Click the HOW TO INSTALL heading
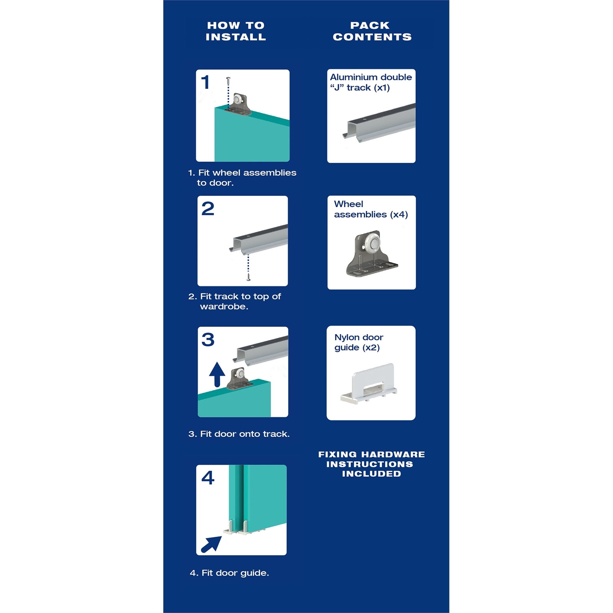pos(236,31)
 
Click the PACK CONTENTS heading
pos(372,31)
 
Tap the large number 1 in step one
pos(205,82)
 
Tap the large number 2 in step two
pos(208,209)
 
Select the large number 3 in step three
pos(208,340)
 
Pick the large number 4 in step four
pos(208,478)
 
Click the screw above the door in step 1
pos(228,81)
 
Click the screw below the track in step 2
pos(248,277)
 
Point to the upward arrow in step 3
pos(217,374)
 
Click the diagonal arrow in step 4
pos(211,544)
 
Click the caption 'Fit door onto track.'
pos(239,434)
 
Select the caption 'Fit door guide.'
pos(229,573)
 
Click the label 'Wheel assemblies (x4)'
pos(370,209)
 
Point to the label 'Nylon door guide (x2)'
pos(358,343)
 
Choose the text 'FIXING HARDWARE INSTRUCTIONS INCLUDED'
pos(371,464)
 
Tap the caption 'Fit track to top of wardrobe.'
pos(235,302)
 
